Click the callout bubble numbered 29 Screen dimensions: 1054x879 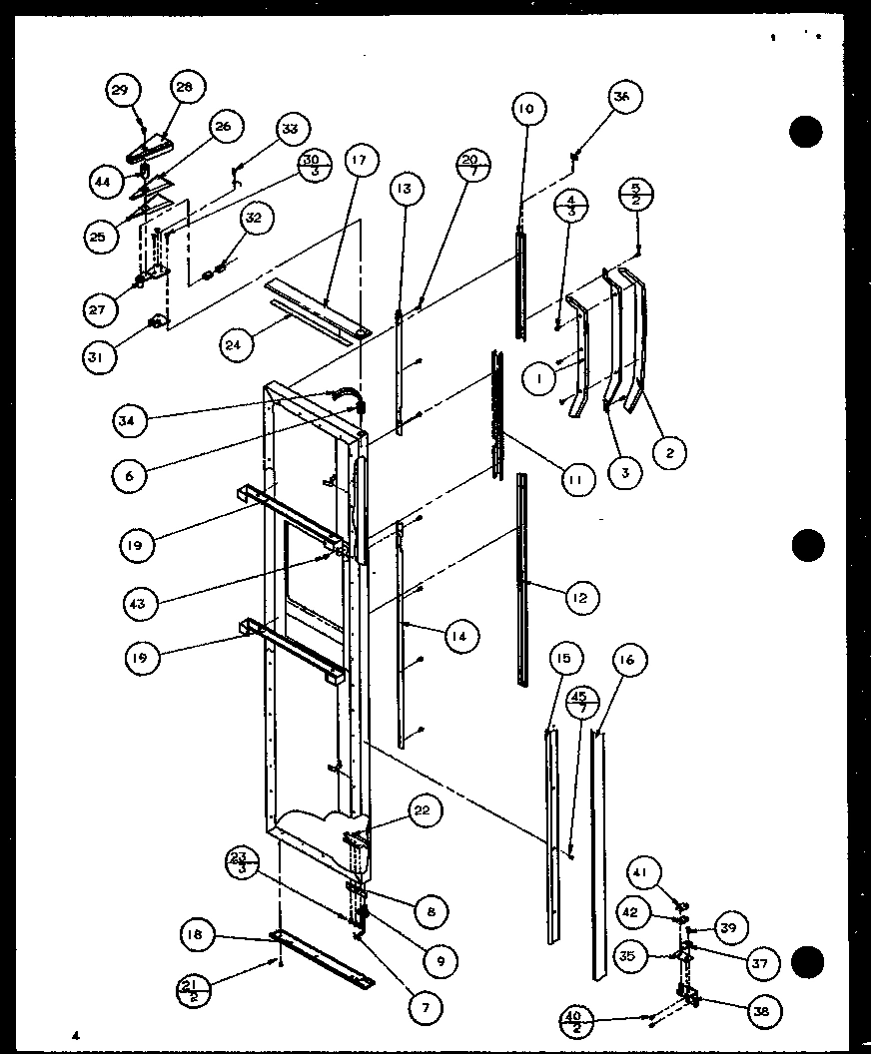coord(120,91)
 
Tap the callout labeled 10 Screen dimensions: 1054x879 coord(525,108)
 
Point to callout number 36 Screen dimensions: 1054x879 coord(622,98)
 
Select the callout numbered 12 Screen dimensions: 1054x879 coord(580,597)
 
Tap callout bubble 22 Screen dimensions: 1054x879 coord(422,811)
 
